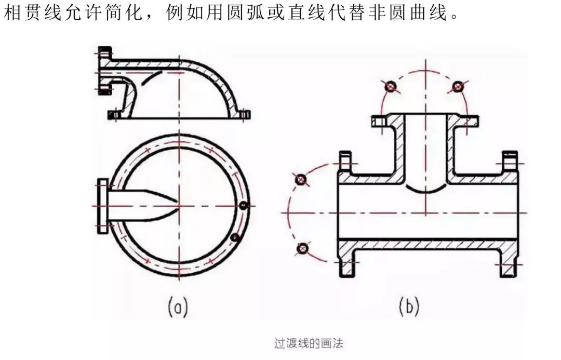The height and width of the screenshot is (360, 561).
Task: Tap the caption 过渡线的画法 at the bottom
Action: click(309, 343)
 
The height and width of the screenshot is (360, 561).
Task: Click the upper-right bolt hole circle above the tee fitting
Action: click(458, 86)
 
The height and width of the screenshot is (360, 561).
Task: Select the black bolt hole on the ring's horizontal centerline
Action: click(243, 206)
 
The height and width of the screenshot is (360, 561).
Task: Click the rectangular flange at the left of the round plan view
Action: click(102, 206)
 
